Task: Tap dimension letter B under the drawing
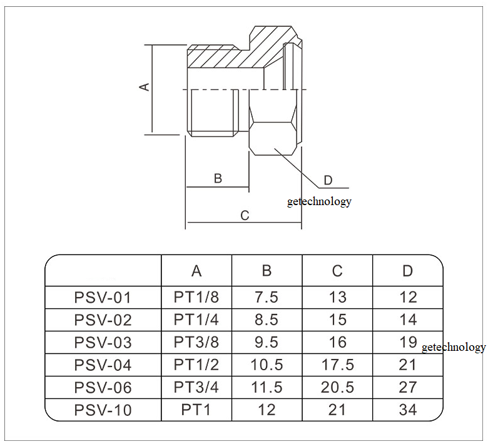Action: pos(218,178)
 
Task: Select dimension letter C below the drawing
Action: pos(245,216)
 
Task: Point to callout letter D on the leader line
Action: pos(328,181)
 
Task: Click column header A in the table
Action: pos(196,271)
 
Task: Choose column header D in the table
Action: pos(408,271)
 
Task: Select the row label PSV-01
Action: pos(103,298)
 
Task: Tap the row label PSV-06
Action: pos(103,388)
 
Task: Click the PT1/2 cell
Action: pos(196,365)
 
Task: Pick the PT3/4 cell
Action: pos(196,388)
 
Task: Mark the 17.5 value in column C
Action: pos(337,365)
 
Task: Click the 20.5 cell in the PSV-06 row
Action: pos(337,388)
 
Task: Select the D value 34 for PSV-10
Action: pos(408,410)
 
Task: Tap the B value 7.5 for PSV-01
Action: pos(267,298)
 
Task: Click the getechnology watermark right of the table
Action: pos(454,348)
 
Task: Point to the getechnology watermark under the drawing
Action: pos(319,201)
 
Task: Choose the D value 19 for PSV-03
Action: pos(408,342)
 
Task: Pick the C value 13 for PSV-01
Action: pos(337,298)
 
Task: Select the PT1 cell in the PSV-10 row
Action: pos(196,410)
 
